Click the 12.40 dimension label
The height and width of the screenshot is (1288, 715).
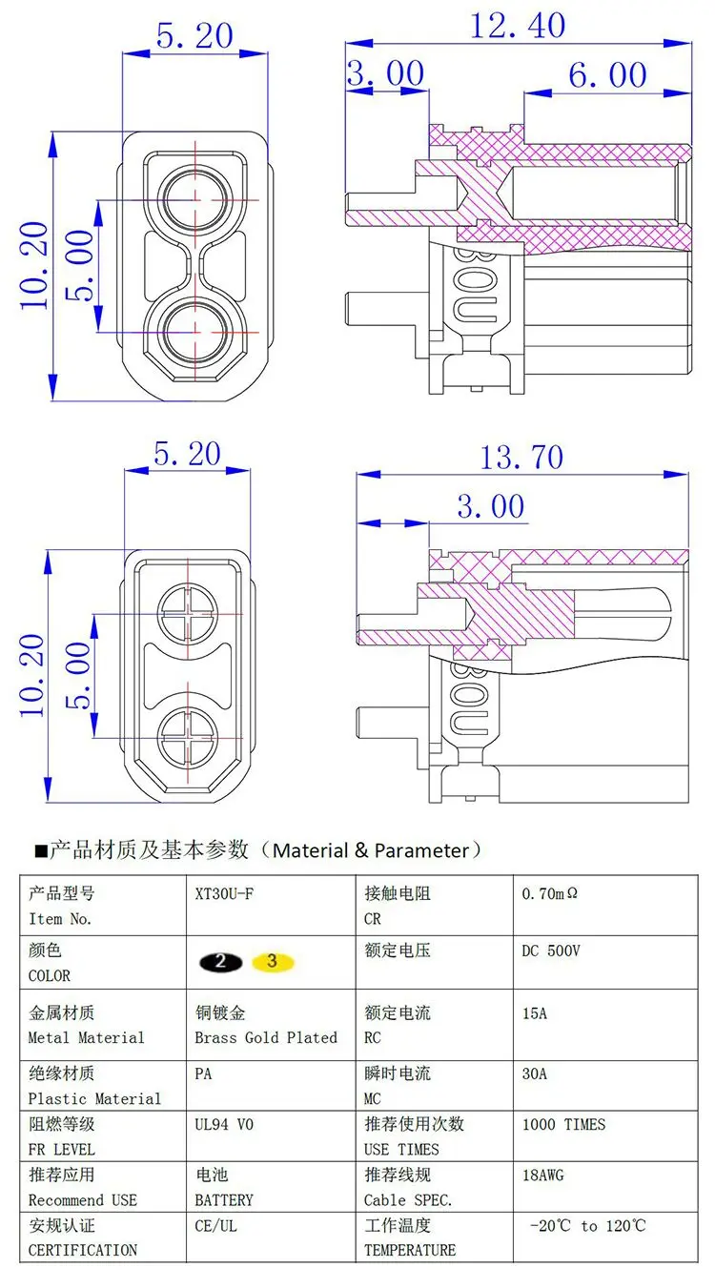tap(518, 26)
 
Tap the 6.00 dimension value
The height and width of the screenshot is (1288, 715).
tap(607, 75)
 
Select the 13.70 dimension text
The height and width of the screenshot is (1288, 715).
tap(521, 458)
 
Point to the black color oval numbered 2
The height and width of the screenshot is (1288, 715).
tap(221, 962)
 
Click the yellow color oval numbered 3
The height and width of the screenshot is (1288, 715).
tap(273, 961)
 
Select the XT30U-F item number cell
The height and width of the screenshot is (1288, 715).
tap(224, 893)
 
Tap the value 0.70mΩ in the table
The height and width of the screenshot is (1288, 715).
tap(549, 893)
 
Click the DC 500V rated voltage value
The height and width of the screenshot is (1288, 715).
tap(551, 951)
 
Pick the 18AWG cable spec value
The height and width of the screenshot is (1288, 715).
tap(542, 1175)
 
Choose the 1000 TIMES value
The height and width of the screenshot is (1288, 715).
tap(563, 1124)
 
